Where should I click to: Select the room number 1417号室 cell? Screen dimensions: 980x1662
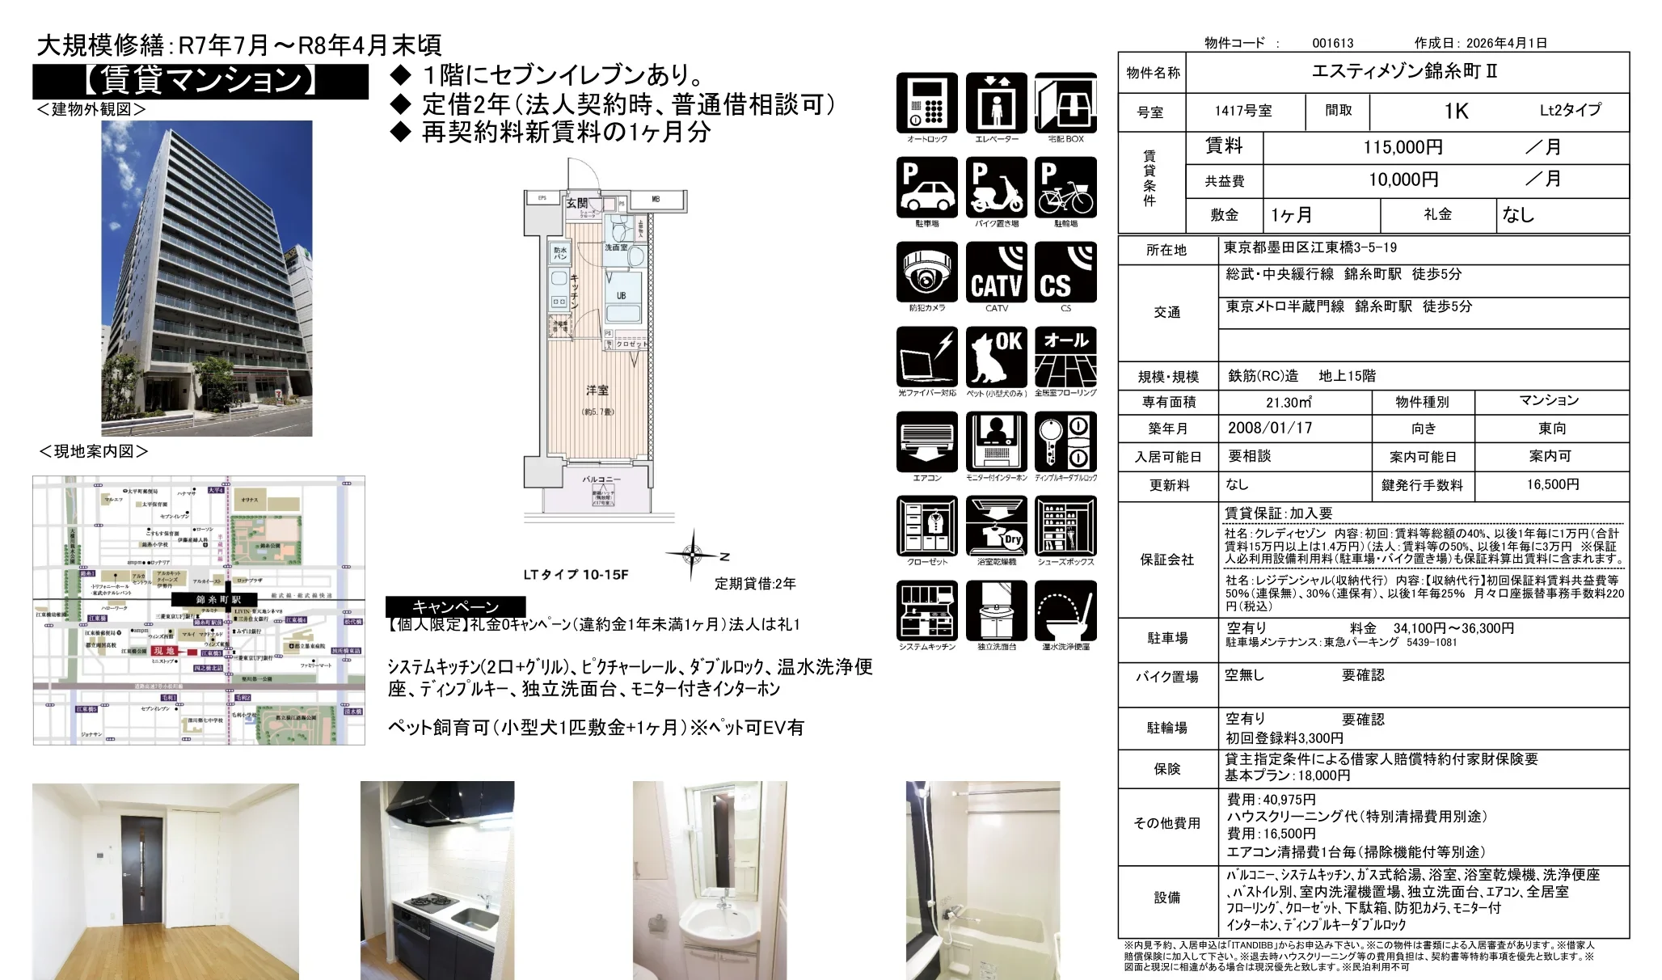click(x=1243, y=111)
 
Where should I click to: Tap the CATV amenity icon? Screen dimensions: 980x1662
click(x=997, y=272)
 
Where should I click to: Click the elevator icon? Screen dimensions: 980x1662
click(x=997, y=103)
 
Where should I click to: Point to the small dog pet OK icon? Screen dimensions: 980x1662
click(x=997, y=357)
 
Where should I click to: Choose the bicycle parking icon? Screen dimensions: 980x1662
click(x=1065, y=188)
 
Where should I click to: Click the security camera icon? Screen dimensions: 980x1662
click(x=927, y=272)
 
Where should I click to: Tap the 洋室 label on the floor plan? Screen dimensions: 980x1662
click(x=597, y=391)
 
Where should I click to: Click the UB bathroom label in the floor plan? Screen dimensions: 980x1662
click(x=621, y=295)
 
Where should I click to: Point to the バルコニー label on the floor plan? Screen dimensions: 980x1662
click(x=601, y=479)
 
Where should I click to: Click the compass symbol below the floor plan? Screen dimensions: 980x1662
click(x=692, y=555)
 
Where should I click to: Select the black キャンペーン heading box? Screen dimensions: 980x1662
click(x=456, y=606)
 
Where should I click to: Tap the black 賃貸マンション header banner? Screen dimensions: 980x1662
click(x=200, y=81)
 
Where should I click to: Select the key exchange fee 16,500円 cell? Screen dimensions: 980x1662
click(x=1552, y=484)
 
